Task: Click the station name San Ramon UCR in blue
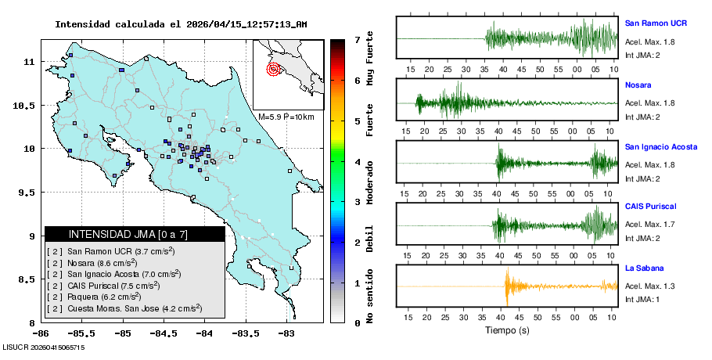pyautogui.click(x=656, y=23)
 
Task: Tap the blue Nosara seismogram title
pyautogui.click(x=638, y=85)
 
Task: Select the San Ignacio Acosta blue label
pyautogui.click(x=661, y=146)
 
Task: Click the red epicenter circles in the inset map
pyautogui.click(x=273, y=69)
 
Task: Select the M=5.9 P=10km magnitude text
pyautogui.click(x=286, y=117)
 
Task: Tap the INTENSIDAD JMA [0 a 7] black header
pyautogui.click(x=135, y=234)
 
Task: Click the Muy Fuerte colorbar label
pyautogui.click(x=370, y=62)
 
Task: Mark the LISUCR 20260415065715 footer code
pyautogui.click(x=43, y=346)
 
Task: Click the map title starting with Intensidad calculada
pyautogui.click(x=181, y=24)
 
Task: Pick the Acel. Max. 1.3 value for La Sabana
pyautogui.click(x=649, y=286)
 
